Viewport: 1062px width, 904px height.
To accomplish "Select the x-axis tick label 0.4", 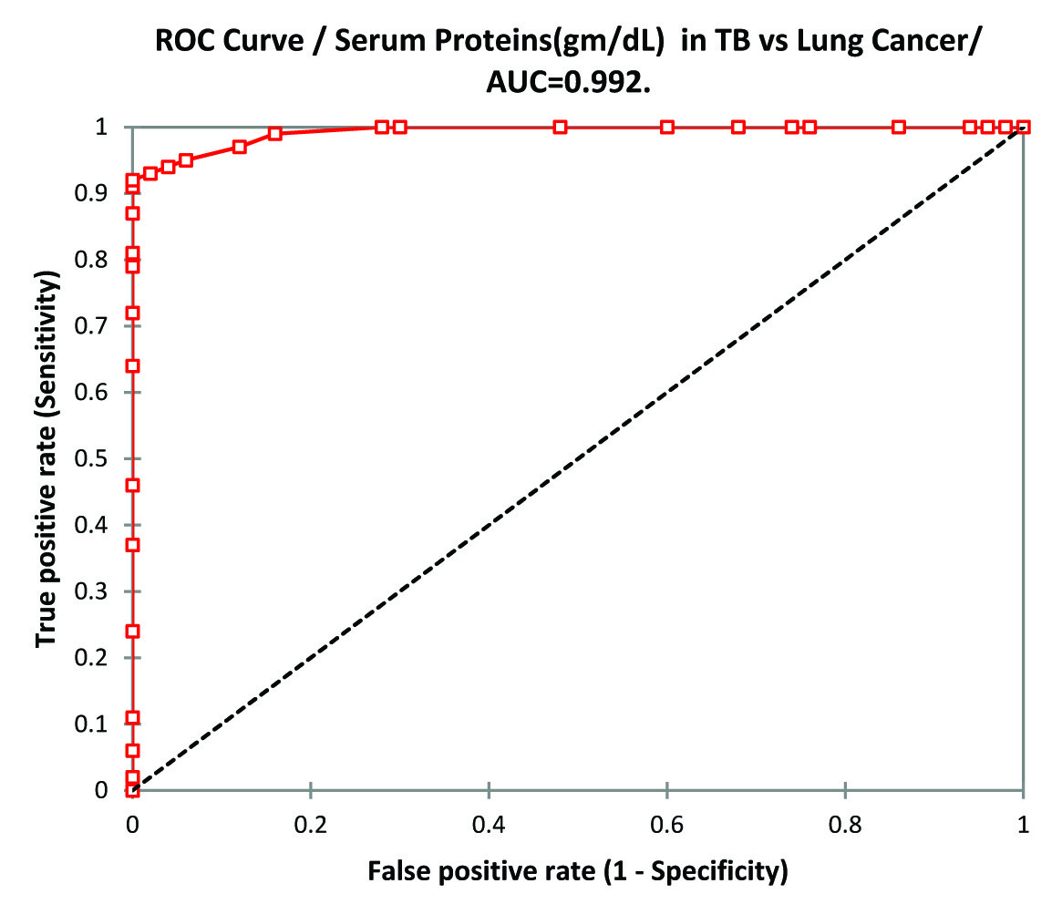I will click(489, 825).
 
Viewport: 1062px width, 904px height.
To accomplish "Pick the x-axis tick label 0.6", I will click(667, 825).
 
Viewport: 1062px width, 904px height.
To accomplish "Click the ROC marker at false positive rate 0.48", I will click(561, 127).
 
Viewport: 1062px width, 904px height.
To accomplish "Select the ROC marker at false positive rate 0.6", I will click(667, 127).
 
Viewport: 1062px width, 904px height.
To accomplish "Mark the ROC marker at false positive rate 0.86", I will click(899, 127).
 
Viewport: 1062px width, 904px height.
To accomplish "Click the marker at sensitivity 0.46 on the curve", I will click(132, 485).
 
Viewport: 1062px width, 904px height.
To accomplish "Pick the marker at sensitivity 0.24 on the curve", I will click(132, 631).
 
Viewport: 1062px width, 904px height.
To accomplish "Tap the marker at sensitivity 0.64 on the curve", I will click(132, 365).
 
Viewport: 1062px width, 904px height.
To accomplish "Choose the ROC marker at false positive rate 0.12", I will click(239, 147).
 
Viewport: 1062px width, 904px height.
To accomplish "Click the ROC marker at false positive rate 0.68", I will click(738, 127).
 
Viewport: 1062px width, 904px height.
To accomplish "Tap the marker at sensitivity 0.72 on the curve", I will click(132, 313).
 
